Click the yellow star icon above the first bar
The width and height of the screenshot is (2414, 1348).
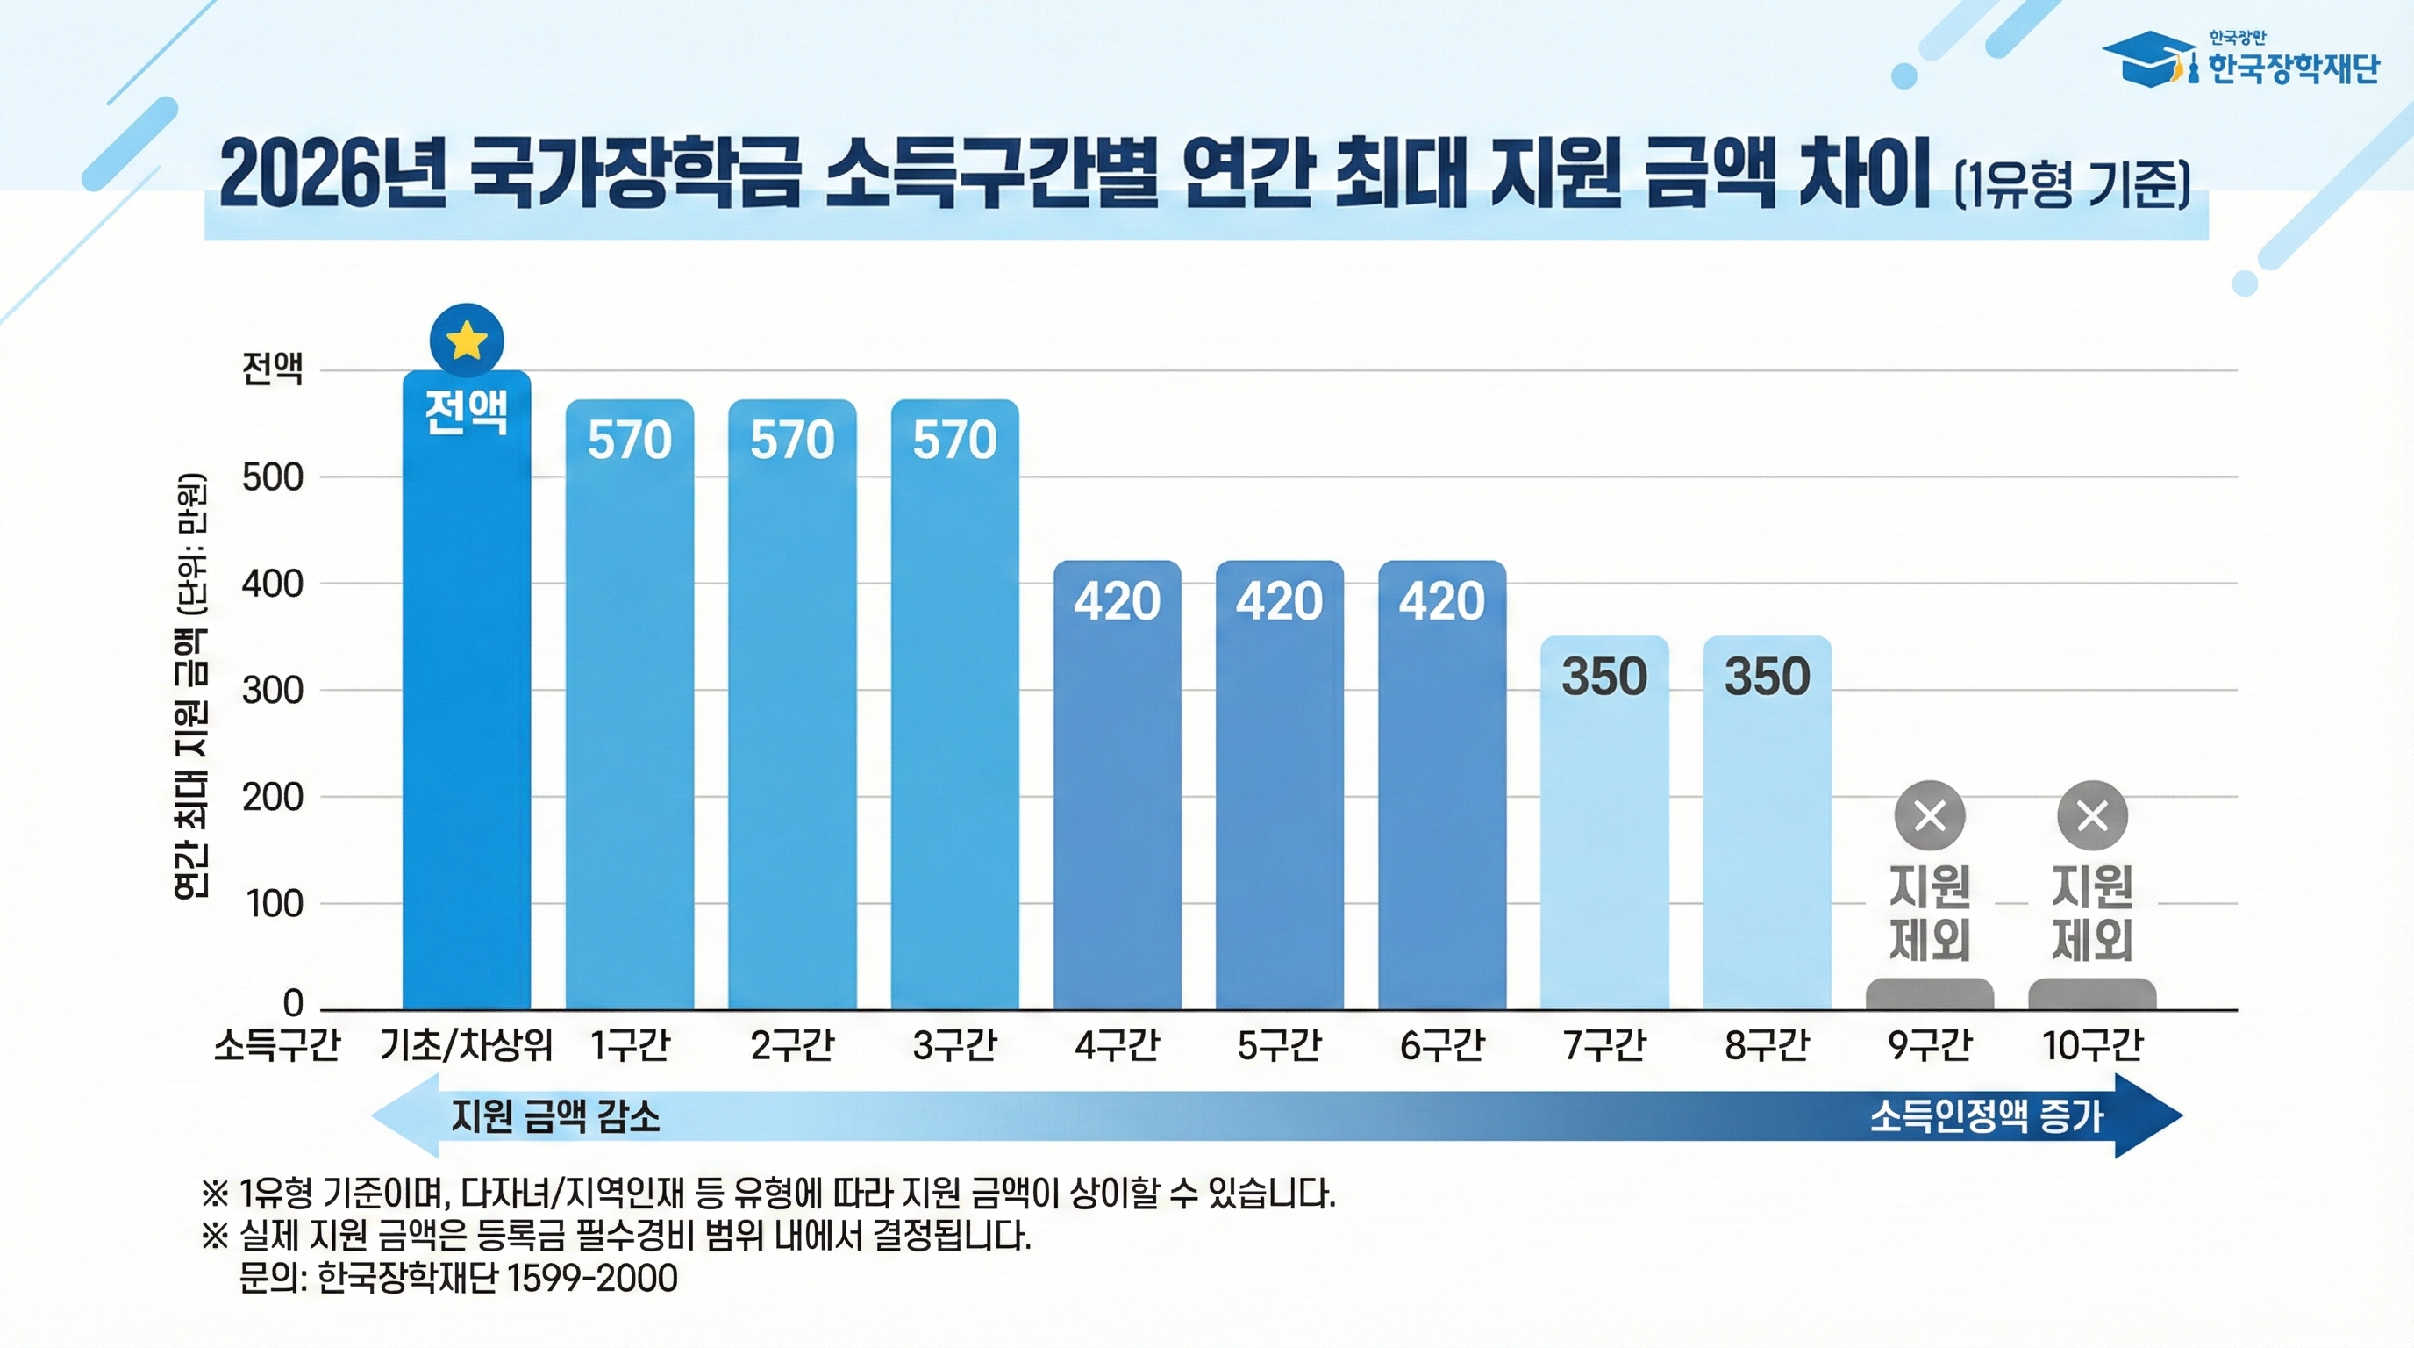tap(467, 341)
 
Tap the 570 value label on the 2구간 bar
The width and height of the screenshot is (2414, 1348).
tap(792, 440)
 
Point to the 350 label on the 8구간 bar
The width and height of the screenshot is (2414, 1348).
tap(1767, 676)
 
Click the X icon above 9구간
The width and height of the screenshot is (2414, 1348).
tap(1930, 815)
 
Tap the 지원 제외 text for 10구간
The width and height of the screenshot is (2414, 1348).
tap(2091, 913)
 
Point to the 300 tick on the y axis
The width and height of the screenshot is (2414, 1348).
tap(273, 691)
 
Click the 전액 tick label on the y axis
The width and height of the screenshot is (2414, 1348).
tap(273, 369)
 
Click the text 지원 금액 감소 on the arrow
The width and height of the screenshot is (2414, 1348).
tap(556, 1116)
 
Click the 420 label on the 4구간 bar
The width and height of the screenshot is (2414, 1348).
tap(1117, 601)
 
